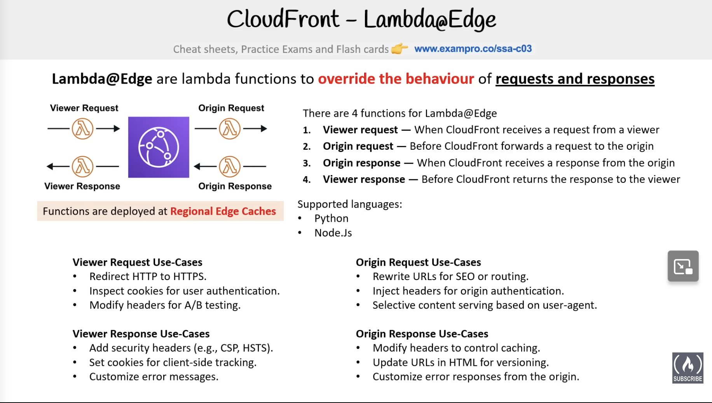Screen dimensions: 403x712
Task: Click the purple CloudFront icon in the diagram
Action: coord(159,147)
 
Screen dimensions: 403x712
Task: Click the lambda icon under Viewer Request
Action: coord(83,129)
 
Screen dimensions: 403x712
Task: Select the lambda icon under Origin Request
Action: coord(230,129)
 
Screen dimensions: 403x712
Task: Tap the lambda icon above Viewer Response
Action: coord(83,166)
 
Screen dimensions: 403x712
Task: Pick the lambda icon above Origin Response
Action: coord(230,166)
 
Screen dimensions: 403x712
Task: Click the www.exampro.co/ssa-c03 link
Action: coord(473,49)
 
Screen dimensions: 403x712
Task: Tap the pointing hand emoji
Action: coord(399,49)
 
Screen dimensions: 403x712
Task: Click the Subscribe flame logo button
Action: coord(688,368)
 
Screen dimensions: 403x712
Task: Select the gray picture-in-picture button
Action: coord(683,266)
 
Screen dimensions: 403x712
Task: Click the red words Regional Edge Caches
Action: coord(223,211)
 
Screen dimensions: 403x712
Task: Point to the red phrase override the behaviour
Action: coord(396,79)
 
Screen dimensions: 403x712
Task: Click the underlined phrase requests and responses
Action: coord(574,79)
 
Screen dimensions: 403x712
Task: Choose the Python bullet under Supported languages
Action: coord(331,219)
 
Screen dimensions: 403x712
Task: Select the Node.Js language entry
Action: coord(333,233)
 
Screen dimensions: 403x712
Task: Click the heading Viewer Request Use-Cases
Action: coord(137,262)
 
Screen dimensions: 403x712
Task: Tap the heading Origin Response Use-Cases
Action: coord(422,334)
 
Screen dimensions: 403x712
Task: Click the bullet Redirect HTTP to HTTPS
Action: coord(148,277)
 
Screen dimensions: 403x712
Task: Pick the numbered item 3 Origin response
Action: coord(361,163)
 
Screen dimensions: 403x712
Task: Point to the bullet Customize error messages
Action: coord(154,377)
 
